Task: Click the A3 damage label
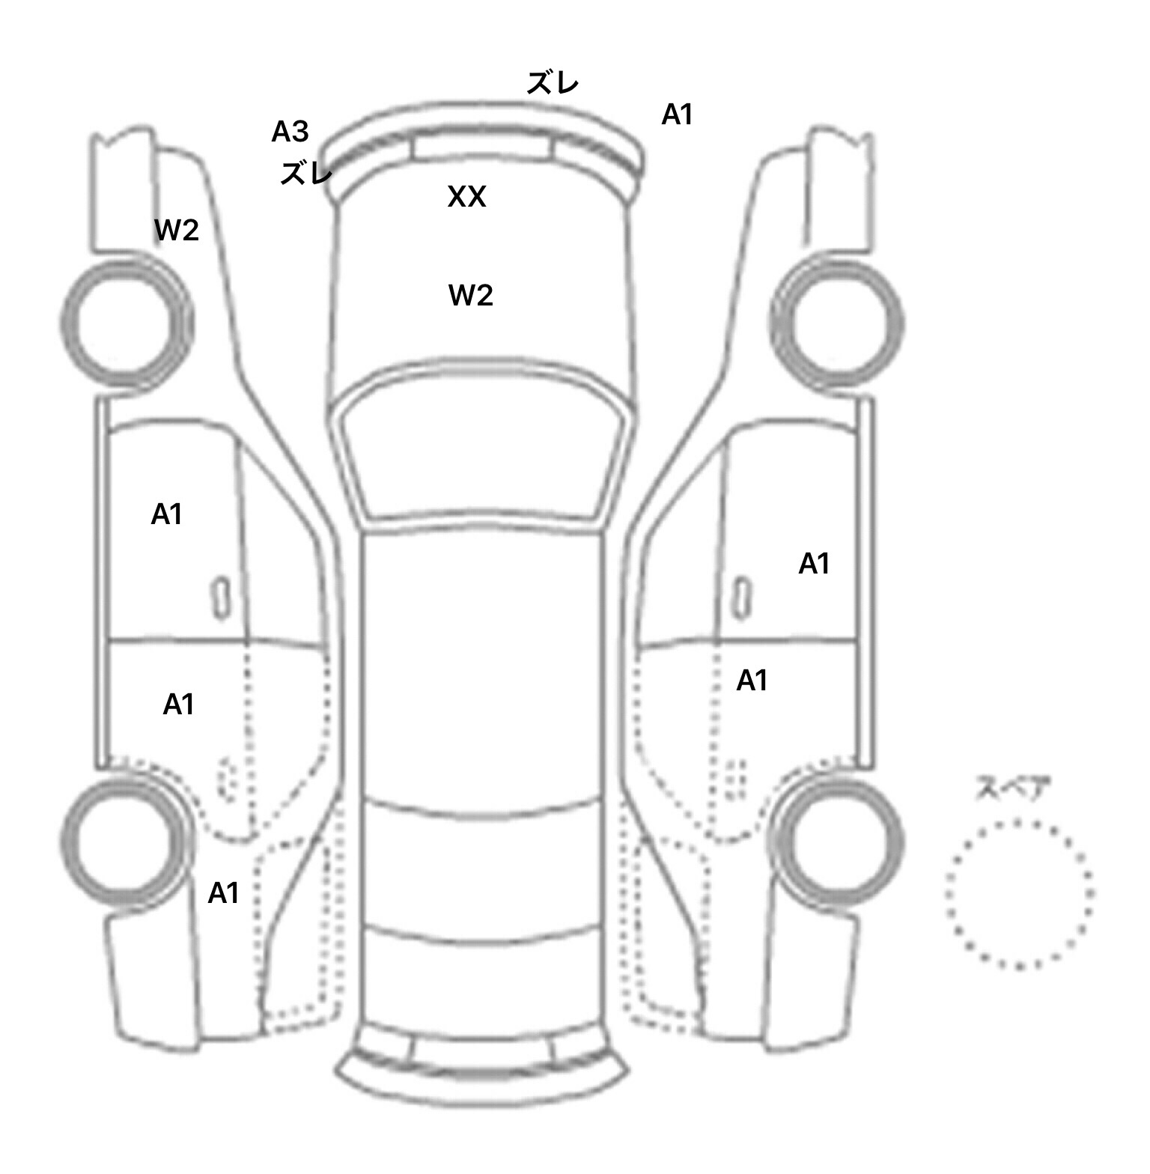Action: point(290,132)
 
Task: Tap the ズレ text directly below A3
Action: point(305,174)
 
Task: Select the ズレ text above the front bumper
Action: point(553,83)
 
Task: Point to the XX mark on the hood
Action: point(466,197)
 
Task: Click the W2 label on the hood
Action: point(471,296)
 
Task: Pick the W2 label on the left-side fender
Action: point(177,231)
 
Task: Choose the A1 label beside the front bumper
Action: point(677,115)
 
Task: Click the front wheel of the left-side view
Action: point(126,323)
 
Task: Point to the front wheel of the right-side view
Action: point(837,323)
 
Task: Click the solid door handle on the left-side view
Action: point(221,598)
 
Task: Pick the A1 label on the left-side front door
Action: point(166,514)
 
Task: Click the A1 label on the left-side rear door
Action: point(178,704)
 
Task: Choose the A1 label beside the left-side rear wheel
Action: point(223,892)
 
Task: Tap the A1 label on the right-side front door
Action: point(814,563)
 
